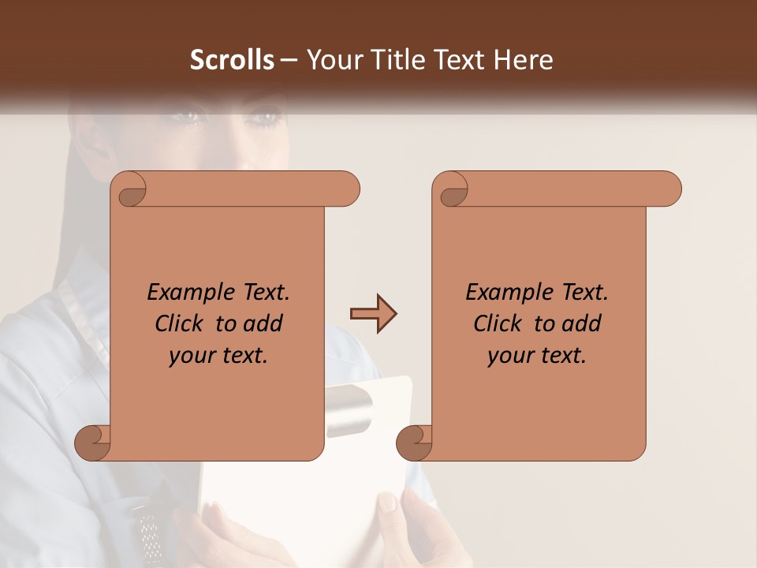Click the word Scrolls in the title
(232, 60)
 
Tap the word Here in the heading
(523, 60)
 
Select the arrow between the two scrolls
(374, 314)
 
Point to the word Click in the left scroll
(181, 323)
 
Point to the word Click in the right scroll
(500, 323)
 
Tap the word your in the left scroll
(189, 356)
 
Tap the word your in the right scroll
(508, 356)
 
